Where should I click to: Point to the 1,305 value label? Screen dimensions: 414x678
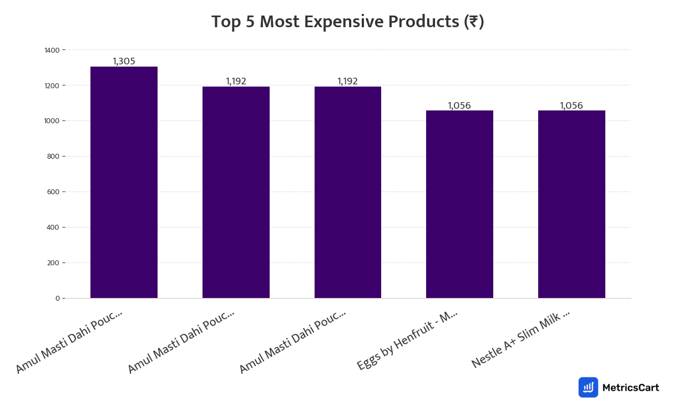point(124,62)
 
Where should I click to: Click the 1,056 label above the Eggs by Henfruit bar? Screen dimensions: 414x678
point(459,105)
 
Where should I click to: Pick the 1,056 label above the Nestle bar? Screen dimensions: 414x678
point(571,105)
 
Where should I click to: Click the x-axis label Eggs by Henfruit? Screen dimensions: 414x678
point(407,340)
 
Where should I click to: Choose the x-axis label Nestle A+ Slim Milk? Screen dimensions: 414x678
point(520,339)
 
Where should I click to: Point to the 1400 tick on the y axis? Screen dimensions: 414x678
point(52,50)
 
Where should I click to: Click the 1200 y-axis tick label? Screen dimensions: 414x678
point(52,85)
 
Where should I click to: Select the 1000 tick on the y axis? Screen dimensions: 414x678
point(52,121)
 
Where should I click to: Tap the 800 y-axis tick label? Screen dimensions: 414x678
point(53,156)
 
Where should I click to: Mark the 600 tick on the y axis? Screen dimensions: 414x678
point(53,192)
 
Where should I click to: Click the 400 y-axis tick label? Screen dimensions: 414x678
point(53,228)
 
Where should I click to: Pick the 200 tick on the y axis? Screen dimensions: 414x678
point(53,263)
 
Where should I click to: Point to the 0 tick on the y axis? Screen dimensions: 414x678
point(57,299)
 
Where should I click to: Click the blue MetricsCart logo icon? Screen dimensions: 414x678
point(588,387)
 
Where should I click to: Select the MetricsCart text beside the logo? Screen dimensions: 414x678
point(630,387)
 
